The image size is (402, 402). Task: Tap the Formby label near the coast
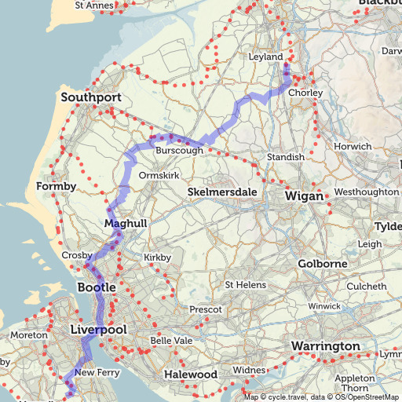(56, 187)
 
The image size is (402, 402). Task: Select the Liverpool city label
(97, 330)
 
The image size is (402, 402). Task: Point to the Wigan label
(304, 196)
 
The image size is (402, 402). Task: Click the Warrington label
(325, 346)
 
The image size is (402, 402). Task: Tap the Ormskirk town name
(159, 177)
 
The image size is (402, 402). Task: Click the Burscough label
(180, 150)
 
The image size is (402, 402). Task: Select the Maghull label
(126, 225)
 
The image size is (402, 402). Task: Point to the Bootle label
(97, 288)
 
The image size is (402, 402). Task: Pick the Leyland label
(265, 57)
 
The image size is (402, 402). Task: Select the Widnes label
(250, 370)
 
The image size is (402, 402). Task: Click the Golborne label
(322, 264)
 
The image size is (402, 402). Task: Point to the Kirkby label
(157, 258)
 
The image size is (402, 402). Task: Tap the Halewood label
(190, 375)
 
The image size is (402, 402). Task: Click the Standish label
(285, 158)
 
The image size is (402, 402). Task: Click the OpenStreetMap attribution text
(371, 397)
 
